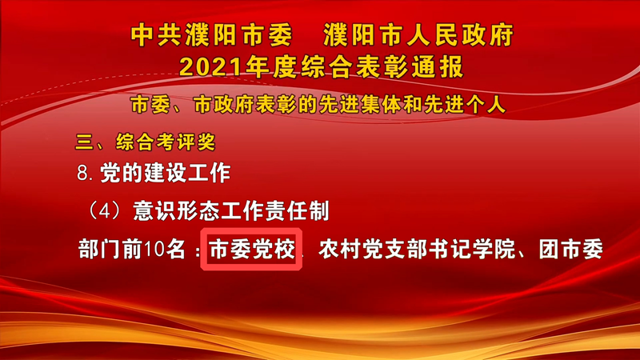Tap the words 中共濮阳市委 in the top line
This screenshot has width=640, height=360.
pyautogui.click(x=211, y=34)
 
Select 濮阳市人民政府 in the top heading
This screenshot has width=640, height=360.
pyautogui.click(x=418, y=34)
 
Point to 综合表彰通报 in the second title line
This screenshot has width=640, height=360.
pyautogui.click(x=382, y=67)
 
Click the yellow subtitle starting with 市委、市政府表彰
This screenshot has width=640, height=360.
pyautogui.click(x=318, y=105)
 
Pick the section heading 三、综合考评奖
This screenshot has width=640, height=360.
pyautogui.click(x=146, y=142)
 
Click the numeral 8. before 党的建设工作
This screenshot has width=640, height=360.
pyautogui.click(x=86, y=173)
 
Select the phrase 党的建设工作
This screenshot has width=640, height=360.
pyautogui.click(x=166, y=173)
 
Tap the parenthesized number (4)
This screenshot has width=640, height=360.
pyautogui.click(x=106, y=211)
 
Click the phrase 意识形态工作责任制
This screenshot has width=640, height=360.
pyautogui.click(x=231, y=211)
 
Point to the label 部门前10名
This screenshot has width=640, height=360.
pyautogui.click(x=132, y=249)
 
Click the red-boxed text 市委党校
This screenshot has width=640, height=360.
pyautogui.click(x=252, y=249)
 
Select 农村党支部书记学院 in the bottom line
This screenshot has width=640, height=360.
pyautogui.click(x=416, y=249)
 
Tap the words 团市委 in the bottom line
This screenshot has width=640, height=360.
pyautogui.click(x=570, y=249)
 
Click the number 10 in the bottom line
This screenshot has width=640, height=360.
pyautogui.click(x=154, y=249)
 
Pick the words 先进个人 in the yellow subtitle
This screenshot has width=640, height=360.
pyautogui.click(x=465, y=105)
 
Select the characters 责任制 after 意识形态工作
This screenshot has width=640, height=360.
pyautogui.click(x=297, y=211)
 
